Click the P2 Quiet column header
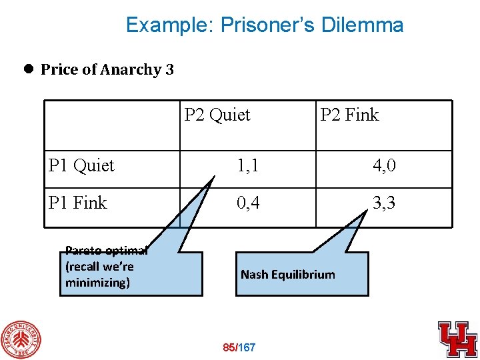(217, 115)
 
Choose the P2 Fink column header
(349, 115)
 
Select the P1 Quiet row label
(82, 165)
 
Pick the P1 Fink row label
(78, 203)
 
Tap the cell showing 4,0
(384, 165)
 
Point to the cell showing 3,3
(384, 203)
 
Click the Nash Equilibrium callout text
(288, 274)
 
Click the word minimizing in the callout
(97, 283)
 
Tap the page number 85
(229, 347)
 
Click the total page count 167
(247, 347)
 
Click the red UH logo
(457, 339)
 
